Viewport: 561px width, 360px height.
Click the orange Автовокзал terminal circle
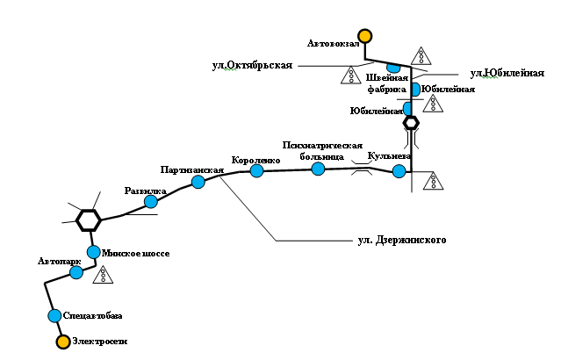coord(365,36)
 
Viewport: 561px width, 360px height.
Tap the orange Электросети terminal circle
coord(63,342)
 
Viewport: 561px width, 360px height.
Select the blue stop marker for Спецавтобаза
coord(54,316)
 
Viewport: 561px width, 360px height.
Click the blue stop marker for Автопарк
coord(76,273)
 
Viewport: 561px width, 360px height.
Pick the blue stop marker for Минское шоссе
coord(94,252)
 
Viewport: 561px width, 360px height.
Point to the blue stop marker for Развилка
coord(151,201)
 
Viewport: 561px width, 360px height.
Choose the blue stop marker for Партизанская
coord(198,182)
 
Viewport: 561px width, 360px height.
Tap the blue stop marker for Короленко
coord(256,170)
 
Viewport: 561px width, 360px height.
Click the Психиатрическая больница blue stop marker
coord(318,169)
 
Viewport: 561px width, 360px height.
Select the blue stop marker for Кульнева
coord(399,171)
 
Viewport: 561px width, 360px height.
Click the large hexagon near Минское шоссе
coord(89,220)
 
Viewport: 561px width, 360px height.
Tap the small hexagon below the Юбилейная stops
coord(411,123)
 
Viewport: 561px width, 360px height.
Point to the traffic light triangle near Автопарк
coord(103,275)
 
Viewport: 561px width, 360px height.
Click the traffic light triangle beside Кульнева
coord(434,181)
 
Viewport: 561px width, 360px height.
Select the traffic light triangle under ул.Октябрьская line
coord(351,76)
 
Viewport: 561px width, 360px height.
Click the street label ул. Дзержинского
coord(402,240)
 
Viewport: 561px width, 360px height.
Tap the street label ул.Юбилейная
coord(507,73)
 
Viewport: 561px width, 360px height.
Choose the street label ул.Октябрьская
coord(252,66)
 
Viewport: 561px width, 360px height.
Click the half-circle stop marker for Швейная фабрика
coord(393,68)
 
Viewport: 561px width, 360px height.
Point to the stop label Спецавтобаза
coord(93,316)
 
